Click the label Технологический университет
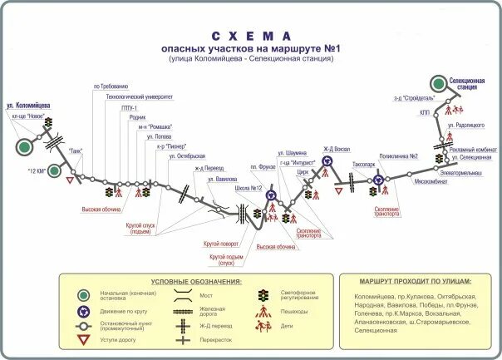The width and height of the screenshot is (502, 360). (138, 96)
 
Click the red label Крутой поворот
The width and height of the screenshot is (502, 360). (221, 244)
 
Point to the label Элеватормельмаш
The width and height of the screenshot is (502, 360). (460, 173)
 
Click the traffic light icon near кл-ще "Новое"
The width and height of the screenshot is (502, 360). (49, 123)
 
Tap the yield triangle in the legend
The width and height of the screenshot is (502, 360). (83, 341)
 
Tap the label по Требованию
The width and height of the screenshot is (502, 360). (111, 86)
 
